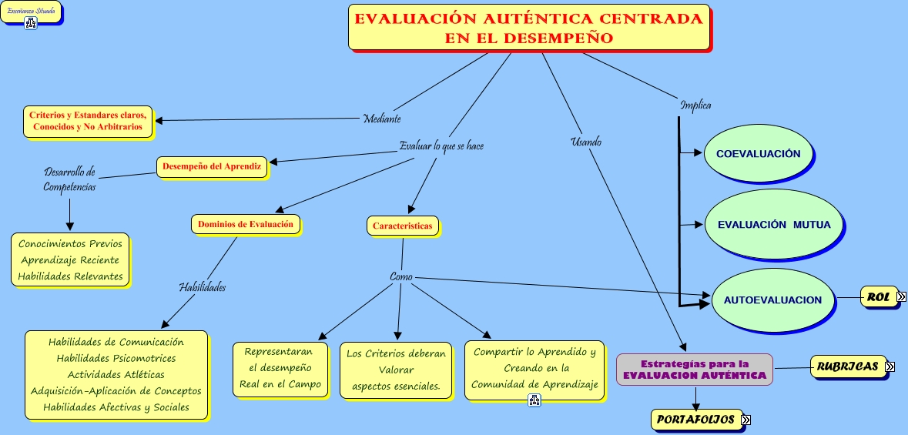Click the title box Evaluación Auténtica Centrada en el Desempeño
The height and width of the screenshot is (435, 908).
528,28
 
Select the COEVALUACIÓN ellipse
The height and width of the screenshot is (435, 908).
758,154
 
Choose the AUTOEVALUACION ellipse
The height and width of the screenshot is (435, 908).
772,299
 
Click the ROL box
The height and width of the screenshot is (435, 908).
878,297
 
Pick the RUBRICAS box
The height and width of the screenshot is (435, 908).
847,367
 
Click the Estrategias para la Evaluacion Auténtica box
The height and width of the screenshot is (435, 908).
694,370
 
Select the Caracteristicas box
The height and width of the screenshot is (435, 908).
403,226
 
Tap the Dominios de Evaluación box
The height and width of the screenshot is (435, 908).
246,225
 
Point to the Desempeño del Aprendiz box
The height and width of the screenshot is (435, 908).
212,166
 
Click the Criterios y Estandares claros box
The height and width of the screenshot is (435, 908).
88,121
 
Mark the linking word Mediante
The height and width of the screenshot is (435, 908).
382,119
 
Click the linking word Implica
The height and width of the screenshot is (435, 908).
695,105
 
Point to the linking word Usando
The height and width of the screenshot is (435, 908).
586,142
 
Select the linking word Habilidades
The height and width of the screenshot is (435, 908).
202,286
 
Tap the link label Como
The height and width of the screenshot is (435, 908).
401,276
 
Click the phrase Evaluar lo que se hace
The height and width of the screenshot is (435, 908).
441,146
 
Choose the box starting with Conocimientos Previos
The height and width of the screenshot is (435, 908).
71,260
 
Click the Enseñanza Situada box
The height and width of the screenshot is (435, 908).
31,12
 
